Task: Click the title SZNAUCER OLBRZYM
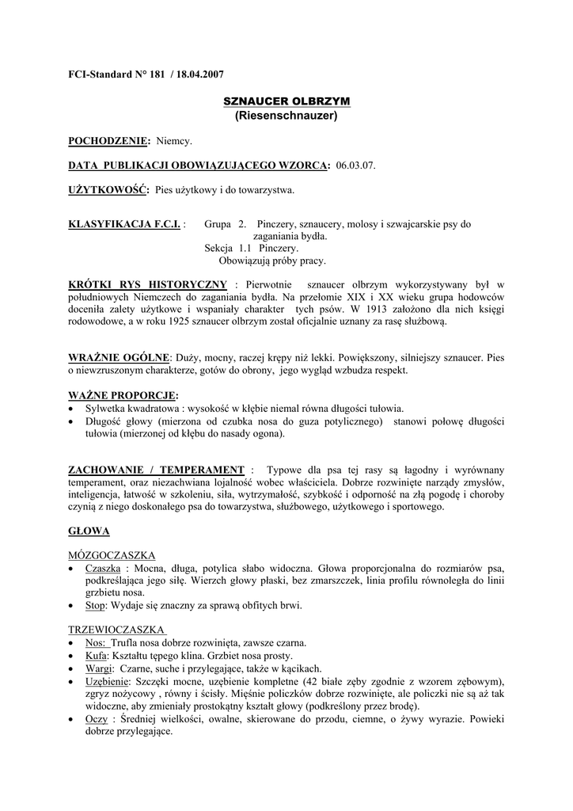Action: (286, 102)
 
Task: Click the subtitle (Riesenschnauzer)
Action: (286, 116)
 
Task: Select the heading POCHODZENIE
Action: (109, 141)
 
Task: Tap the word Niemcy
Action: (175, 141)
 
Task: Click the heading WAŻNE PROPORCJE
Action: (123, 394)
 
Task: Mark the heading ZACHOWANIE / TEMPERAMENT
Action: (157, 470)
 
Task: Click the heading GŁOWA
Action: (89, 530)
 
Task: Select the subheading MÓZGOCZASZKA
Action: (112, 555)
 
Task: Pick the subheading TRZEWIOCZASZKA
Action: (116, 629)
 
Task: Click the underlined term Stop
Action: (94, 606)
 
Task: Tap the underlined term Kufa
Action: (97, 656)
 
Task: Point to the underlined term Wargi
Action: (100, 668)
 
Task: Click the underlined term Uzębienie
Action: (108, 681)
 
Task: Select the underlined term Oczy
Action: (97, 719)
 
